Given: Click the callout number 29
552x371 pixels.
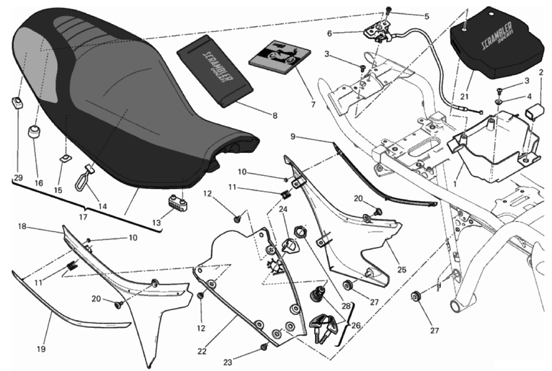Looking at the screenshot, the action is tap(18, 178).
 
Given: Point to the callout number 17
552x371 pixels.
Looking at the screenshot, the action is tap(83, 217).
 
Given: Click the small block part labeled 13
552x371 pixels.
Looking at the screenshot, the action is tap(177, 202).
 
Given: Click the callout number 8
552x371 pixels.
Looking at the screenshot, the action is tap(275, 116).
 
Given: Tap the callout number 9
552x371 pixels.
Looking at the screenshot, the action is tap(293, 136).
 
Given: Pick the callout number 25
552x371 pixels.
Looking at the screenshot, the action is tap(401, 270).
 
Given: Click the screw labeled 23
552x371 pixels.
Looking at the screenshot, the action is tap(264, 347).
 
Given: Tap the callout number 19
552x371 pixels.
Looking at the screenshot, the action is tap(41, 349).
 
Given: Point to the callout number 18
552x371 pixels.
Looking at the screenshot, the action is tap(22, 226).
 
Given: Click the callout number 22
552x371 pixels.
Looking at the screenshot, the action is tap(202, 352).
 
